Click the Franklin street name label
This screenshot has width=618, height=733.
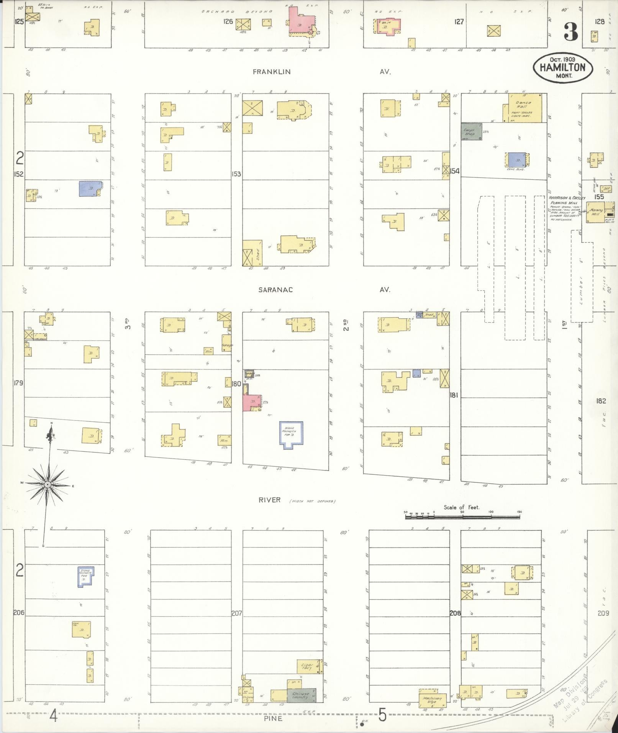click(272, 72)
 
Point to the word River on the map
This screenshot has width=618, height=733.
click(270, 500)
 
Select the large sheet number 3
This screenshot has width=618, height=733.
click(570, 32)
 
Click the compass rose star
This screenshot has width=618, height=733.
click(48, 485)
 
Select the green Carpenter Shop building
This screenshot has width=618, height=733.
click(471, 131)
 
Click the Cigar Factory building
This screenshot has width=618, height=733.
click(309, 667)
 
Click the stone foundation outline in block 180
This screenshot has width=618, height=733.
click(291, 435)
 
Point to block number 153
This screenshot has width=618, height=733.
click(236, 174)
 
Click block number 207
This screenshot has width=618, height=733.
click(236, 613)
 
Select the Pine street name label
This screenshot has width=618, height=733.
click(273, 718)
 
